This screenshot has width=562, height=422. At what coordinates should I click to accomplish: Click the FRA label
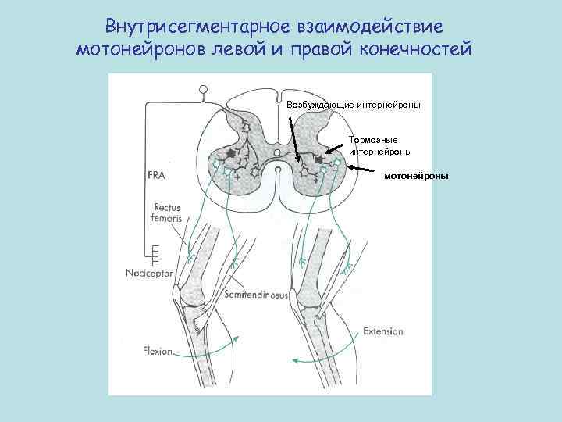[x=156, y=176]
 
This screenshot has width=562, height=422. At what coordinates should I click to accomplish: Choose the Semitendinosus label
[x=256, y=296]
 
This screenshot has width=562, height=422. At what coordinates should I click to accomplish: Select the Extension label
[x=383, y=331]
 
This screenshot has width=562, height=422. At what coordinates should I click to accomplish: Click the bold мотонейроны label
[x=415, y=177]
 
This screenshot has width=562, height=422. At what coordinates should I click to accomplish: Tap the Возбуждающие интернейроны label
[x=354, y=104]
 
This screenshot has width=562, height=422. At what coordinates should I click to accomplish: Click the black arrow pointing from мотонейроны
[x=364, y=169]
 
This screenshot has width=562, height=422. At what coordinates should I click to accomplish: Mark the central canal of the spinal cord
[x=277, y=152]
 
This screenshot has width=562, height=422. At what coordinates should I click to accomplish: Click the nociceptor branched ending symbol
[x=156, y=253]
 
